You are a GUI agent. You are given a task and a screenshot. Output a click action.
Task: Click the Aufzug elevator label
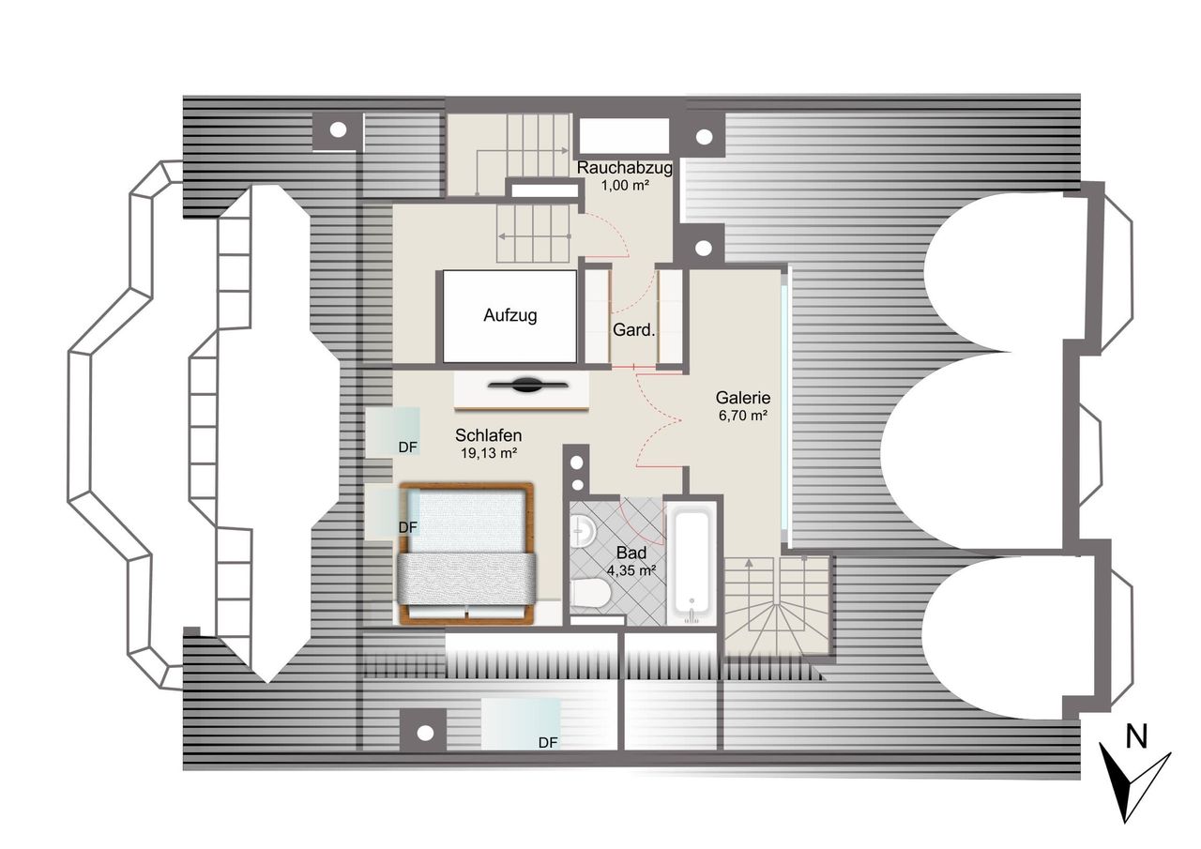pos(509,315)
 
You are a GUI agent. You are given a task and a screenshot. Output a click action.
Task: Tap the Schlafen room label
pos(488,434)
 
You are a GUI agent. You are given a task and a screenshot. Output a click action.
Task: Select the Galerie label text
pos(743,398)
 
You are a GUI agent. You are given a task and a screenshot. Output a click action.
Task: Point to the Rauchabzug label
pos(624,168)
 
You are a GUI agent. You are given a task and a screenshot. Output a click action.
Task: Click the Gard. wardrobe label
pos(633,329)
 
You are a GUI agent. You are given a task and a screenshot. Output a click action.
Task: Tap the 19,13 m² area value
pos(489,453)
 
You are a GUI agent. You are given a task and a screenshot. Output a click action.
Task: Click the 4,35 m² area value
pos(631,570)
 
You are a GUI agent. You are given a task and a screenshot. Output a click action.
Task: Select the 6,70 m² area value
pos(743,416)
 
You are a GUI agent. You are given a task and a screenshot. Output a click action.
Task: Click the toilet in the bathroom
pos(591,592)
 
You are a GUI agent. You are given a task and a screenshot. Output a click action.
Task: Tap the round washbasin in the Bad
pos(583,531)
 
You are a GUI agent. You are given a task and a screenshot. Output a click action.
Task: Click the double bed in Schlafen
pos(466,553)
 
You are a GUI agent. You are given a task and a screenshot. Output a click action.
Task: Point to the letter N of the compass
pos(1136,737)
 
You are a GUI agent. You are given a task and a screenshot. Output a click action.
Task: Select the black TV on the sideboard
pos(527,385)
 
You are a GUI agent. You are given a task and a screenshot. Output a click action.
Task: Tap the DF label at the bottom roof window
pos(548,742)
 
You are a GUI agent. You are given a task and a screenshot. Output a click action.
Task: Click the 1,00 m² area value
pos(625,186)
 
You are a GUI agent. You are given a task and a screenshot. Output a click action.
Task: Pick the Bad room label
pos(631,553)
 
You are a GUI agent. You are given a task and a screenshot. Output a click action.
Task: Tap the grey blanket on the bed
pos(466,580)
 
